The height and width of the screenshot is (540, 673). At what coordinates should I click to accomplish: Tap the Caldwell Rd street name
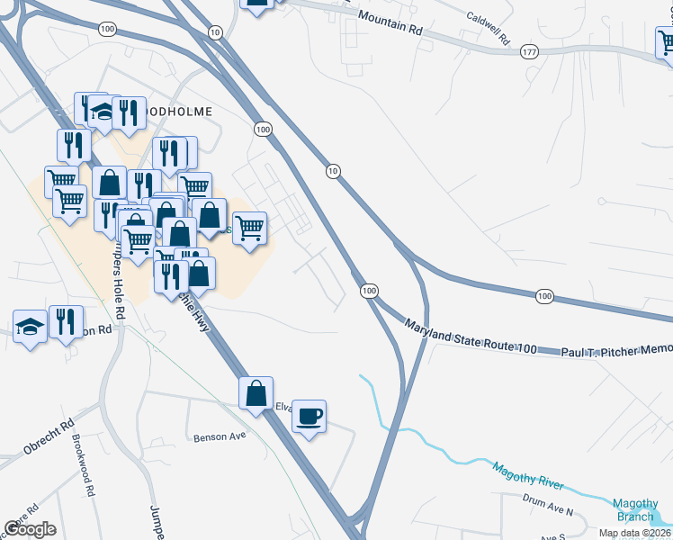pyautogui.click(x=489, y=29)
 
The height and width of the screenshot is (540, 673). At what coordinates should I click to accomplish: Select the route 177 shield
pyautogui.click(x=529, y=53)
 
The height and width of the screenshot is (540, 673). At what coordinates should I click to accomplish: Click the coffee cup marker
pyautogui.click(x=309, y=416)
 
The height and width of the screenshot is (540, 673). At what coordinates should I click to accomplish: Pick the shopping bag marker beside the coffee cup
pyautogui.click(x=256, y=392)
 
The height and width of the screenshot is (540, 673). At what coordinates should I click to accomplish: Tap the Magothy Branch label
pyautogui.click(x=636, y=510)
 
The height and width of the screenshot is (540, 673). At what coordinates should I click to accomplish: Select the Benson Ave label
pyautogui.click(x=220, y=438)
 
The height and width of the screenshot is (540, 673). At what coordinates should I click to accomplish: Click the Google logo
pyautogui.click(x=30, y=529)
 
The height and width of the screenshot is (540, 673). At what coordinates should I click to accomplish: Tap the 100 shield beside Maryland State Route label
pyautogui.click(x=369, y=291)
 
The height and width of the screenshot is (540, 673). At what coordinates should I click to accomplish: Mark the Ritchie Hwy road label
pyautogui.click(x=195, y=310)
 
